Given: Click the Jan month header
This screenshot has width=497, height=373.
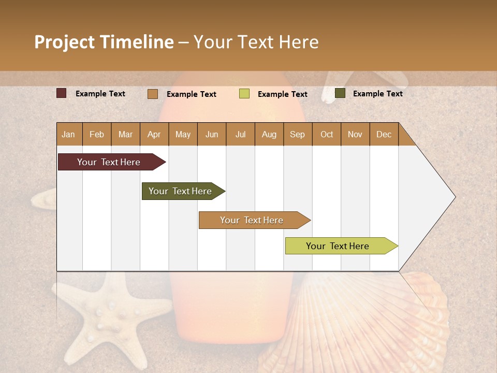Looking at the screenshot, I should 68,135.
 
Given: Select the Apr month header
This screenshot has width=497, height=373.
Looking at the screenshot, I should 154,135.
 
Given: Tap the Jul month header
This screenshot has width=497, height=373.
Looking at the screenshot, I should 240,135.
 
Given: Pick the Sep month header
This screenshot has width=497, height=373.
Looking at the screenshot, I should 297,135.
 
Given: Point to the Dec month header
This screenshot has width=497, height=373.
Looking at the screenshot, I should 384,135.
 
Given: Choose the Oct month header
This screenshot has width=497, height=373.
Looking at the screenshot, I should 326,135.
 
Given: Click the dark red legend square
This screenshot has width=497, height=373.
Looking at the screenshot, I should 62,93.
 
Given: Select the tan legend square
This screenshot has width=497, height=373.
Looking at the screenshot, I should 152,94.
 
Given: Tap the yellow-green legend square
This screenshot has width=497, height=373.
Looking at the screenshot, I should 244,94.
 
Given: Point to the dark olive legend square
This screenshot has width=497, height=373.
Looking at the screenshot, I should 340,93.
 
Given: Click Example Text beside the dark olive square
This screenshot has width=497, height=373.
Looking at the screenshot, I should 377,94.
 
